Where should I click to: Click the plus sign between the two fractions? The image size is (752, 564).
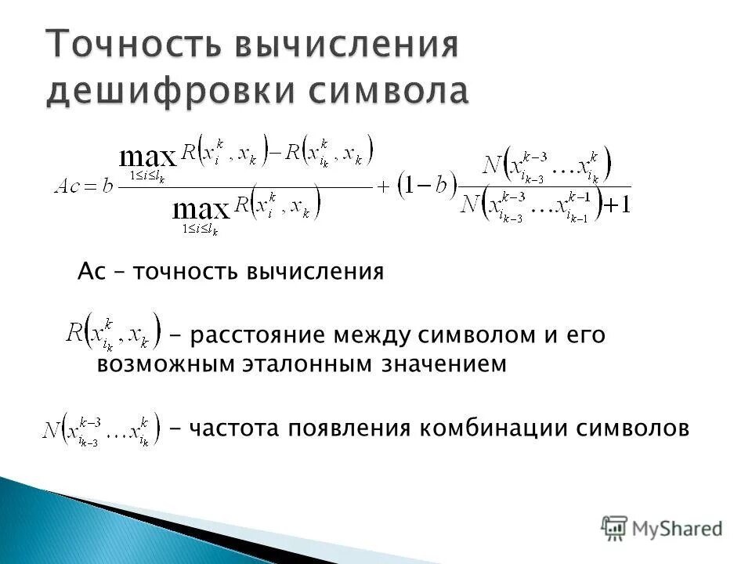(385, 187)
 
